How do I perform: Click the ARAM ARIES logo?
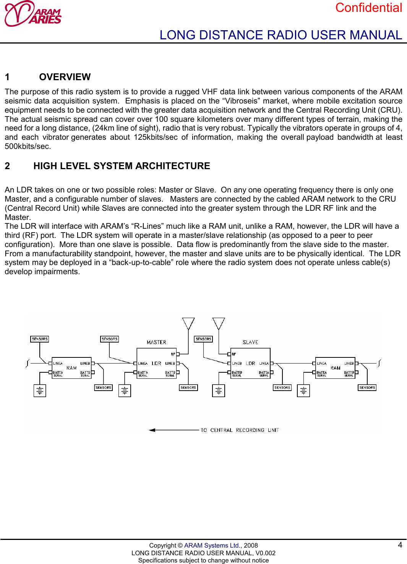(33, 14)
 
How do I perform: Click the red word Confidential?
(368, 8)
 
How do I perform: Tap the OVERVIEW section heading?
(65, 77)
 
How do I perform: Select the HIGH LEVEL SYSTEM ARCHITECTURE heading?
(122, 166)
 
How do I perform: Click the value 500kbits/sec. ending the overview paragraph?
(28, 146)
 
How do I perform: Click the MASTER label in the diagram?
(156, 343)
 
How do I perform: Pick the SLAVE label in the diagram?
(250, 343)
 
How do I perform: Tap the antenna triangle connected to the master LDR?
(188, 323)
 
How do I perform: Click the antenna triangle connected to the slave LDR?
(219, 323)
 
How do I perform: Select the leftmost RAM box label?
(71, 368)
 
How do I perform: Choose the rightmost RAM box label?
(335, 368)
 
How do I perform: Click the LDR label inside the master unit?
(156, 364)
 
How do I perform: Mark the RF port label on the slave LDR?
(234, 354)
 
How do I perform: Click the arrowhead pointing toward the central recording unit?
(152, 430)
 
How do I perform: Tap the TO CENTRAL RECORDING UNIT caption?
(240, 430)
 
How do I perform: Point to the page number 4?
(400, 545)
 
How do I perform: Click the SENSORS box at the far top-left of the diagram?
(40, 339)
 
